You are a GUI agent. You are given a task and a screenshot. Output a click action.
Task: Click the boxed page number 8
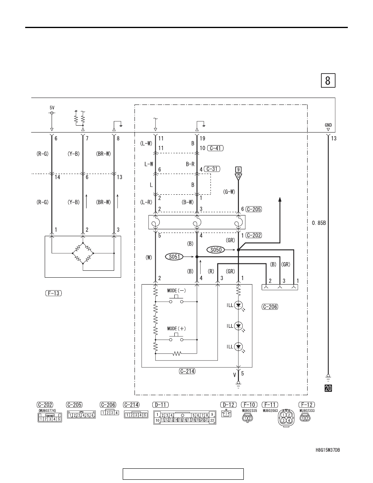tap(328, 80)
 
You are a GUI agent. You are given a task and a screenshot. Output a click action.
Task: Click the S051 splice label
tap(174, 256)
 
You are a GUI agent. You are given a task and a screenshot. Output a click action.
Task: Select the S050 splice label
tap(216, 250)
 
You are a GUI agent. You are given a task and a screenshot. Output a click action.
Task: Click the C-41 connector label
tap(215, 148)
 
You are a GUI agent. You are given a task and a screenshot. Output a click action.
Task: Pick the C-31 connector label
tap(212, 169)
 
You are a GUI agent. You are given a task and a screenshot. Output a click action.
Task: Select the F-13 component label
tap(54, 293)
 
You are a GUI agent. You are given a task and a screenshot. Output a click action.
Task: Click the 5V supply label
tap(52, 107)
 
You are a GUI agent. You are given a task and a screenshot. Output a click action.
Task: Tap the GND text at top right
tap(328, 125)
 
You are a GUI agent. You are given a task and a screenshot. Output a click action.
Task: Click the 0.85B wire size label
tap(319, 223)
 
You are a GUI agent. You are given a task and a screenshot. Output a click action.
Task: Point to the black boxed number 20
tap(328, 388)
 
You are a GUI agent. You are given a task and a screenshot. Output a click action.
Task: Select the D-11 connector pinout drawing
tap(184, 418)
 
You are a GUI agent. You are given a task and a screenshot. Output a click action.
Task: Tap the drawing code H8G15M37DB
tap(328, 450)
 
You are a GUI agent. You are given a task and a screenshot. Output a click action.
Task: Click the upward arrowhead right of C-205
tap(280, 200)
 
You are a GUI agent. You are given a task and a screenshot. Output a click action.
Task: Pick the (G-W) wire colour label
tap(229, 191)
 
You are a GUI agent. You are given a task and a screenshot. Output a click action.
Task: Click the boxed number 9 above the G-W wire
tap(238, 170)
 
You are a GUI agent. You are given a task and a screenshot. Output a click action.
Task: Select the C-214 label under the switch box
tap(187, 371)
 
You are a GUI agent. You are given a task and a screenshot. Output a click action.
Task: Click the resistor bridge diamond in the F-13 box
tap(83, 253)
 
